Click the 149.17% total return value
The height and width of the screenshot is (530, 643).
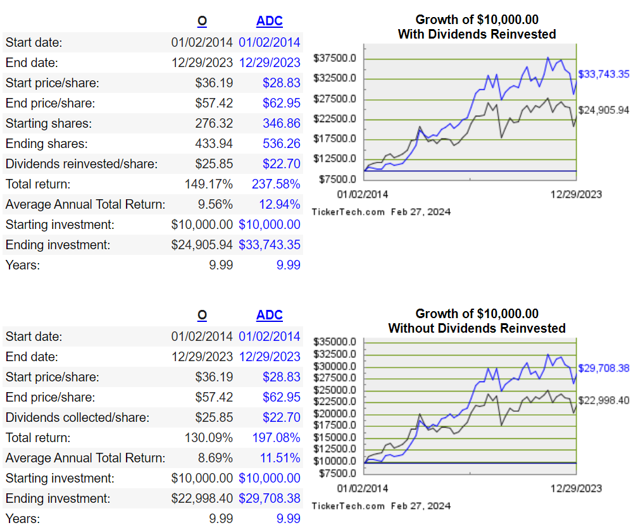pos(208,184)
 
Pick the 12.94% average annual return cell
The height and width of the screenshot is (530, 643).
pos(280,204)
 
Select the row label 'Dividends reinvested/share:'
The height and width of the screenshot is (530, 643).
pos(82,164)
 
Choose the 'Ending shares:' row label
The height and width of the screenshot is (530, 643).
pos(46,144)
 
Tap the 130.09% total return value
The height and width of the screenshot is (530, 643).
pos(208,438)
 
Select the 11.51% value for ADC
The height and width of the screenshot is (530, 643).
pos(280,458)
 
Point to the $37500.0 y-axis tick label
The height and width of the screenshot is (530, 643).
pos(335,59)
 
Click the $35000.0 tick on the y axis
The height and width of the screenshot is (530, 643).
pos(335,342)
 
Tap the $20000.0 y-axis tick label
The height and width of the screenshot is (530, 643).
pos(335,414)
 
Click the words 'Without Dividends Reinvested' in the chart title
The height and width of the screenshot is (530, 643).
pos(477,328)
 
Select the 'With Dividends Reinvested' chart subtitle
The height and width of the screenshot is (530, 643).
pos(477,34)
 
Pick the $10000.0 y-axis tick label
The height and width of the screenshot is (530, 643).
pos(335,462)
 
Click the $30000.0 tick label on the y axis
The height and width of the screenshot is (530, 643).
pos(335,366)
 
